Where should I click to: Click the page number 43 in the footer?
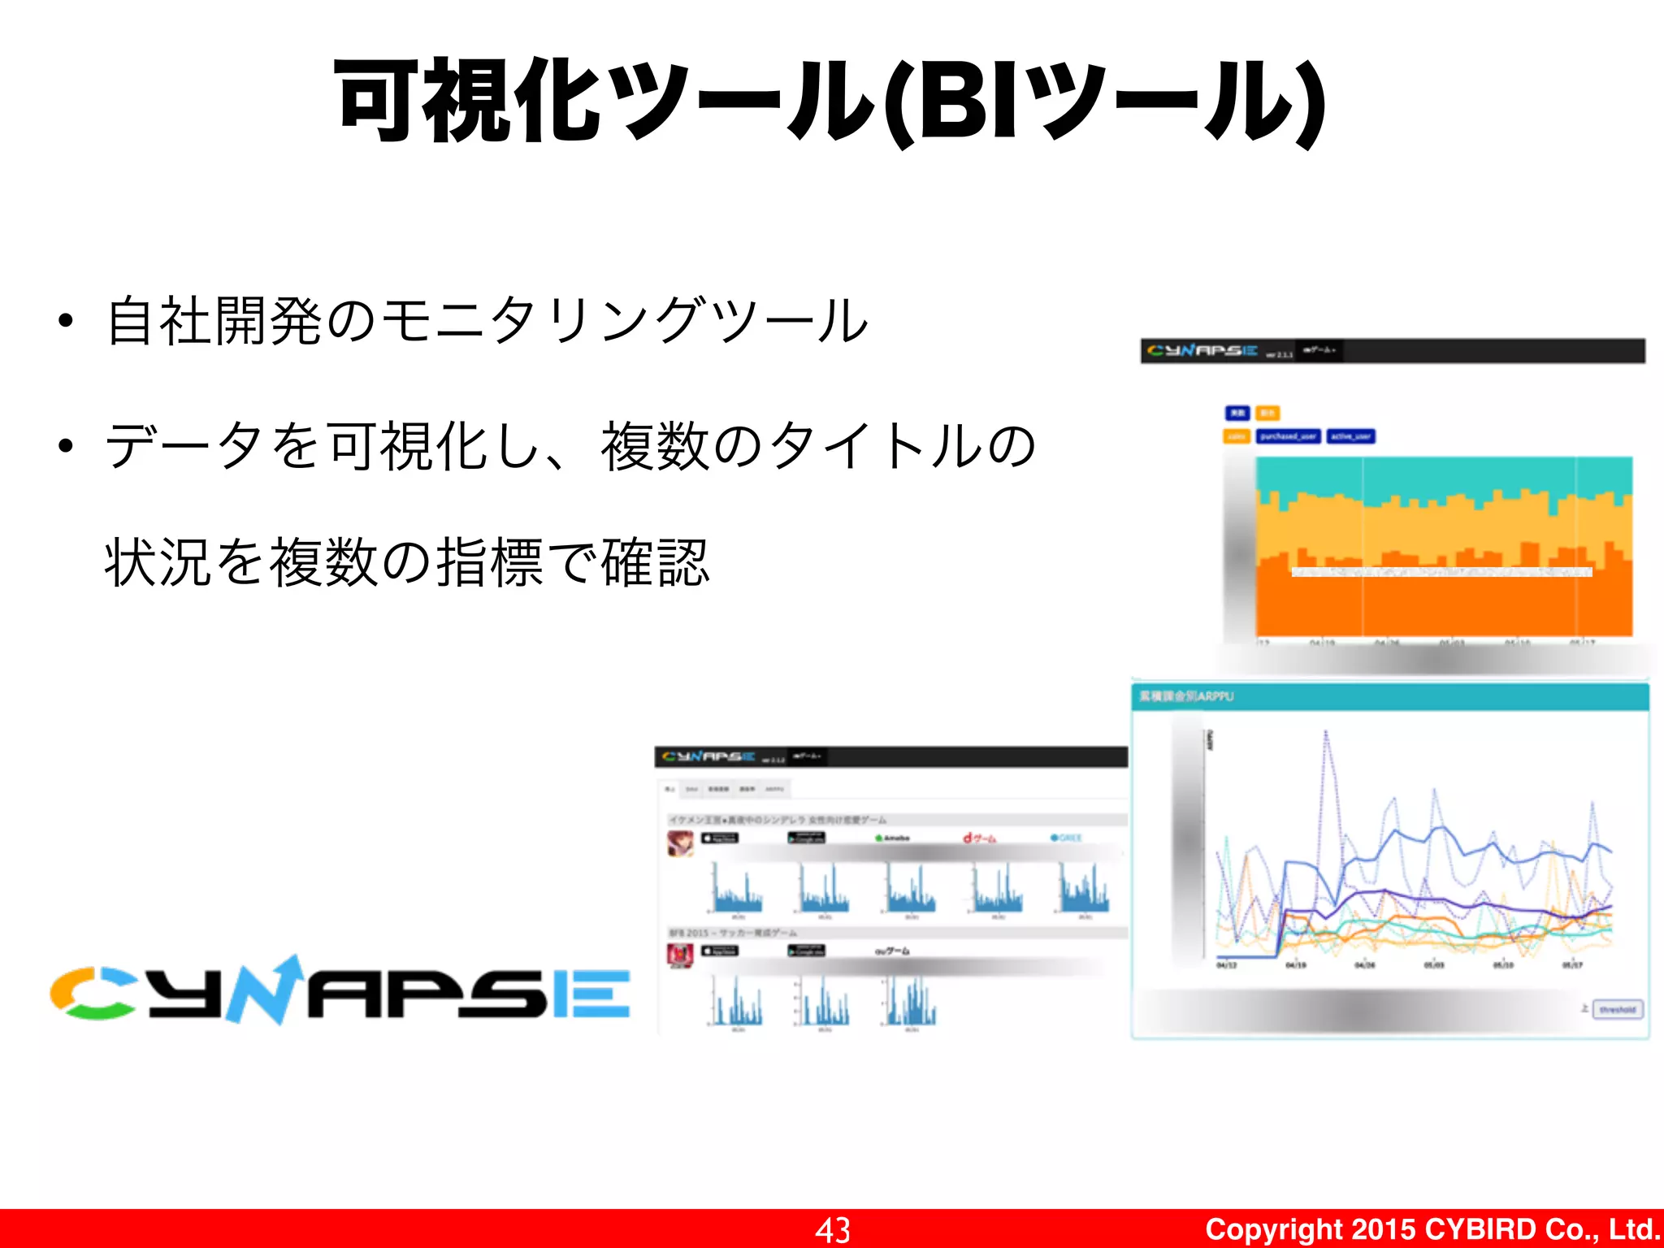point(833,1229)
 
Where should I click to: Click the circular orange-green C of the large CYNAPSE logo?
point(92,993)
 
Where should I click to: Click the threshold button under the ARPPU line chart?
point(1617,1010)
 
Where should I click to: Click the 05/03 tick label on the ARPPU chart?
point(1434,965)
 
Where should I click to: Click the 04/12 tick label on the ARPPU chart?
point(1226,965)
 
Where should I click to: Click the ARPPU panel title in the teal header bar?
point(1186,696)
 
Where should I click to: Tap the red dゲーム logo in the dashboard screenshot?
point(979,838)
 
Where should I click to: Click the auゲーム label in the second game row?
point(892,951)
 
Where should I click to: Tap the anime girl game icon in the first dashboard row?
point(679,843)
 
